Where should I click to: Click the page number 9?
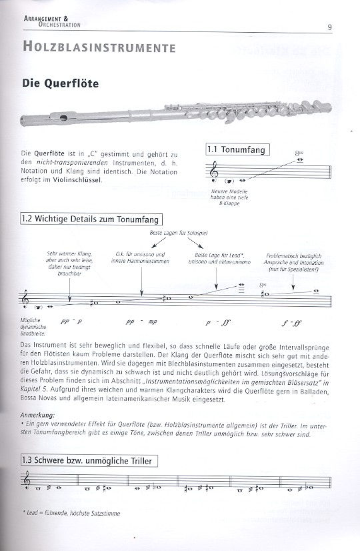tap(329, 27)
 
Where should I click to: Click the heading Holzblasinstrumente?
tap(99, 47)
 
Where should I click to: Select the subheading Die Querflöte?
tap(61, 83)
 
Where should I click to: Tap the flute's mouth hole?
tap(63, 117)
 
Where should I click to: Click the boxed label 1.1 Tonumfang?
tap(237, 149)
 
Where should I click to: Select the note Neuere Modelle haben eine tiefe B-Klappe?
tap(229, 197)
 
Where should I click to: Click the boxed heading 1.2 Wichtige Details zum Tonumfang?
tap(91, 219)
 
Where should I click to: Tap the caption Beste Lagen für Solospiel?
tap(179, 233)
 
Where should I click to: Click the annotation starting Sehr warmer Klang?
tap(69, 263)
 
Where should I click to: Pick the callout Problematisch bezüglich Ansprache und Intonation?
tap(293, 263)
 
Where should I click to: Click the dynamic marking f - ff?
tap(291, 323)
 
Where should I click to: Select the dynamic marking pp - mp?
tap(141, 322)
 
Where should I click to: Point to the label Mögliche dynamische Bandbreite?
tap(33, 327)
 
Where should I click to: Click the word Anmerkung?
tap(37, 415)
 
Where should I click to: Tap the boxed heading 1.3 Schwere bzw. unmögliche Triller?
tap(89, 461)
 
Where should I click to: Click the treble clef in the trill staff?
tap(26, 480)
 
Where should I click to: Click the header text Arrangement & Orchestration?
tap(52, 21)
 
